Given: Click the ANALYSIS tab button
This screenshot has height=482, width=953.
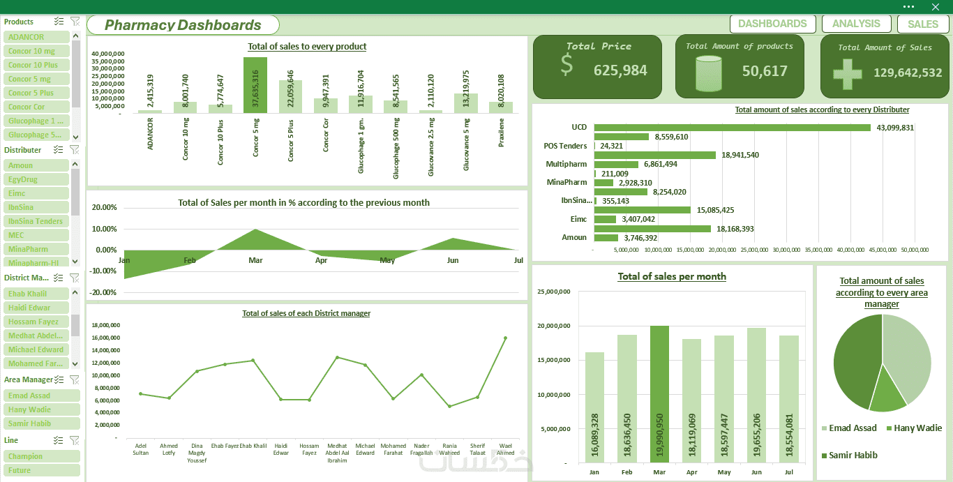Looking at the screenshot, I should click(x=857, y=24).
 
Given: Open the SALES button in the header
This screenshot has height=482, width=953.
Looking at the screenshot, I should click(x=923, y=24).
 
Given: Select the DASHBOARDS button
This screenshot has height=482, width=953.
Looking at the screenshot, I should click(x=772, y=24).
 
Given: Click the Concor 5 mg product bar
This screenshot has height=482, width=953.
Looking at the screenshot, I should click(x=255, y=84).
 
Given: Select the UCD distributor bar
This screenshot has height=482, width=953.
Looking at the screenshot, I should click(x=732, y=128).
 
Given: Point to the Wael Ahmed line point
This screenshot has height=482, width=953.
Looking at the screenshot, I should click(x=505, y=338).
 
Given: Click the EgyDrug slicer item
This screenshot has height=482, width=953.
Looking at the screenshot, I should click(x=36, y=179).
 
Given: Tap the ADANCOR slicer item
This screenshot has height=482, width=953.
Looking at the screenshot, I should click(x=36, y=37).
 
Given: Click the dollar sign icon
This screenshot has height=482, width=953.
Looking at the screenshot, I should click(x=567, y=65).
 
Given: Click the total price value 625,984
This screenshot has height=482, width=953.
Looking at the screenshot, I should click(x=620, y=70).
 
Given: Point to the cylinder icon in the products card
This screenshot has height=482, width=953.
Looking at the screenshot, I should click(x=710, y=73).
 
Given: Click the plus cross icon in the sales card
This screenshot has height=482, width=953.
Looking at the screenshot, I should click(x=846, y=73).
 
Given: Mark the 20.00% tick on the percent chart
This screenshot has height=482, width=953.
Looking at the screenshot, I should click(x=105, y=207).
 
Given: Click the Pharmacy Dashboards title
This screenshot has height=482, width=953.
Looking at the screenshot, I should click(x=183, y=25).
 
